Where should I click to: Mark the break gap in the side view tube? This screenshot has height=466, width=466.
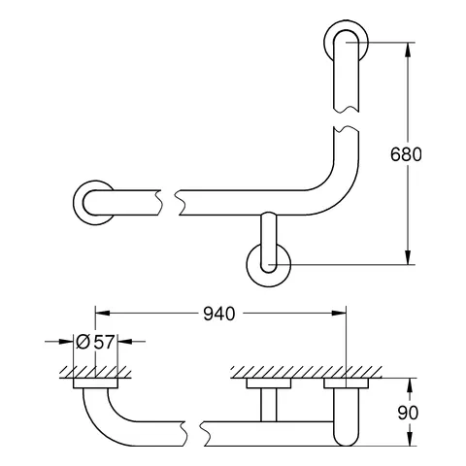pos(193,428)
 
